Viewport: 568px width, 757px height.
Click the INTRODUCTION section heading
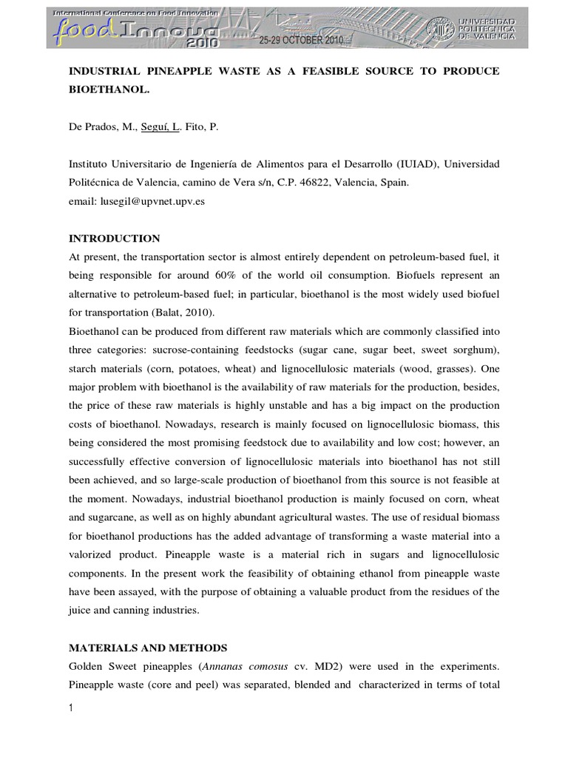click(114, 239)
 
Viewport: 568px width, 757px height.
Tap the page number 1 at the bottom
click(71, 709)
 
